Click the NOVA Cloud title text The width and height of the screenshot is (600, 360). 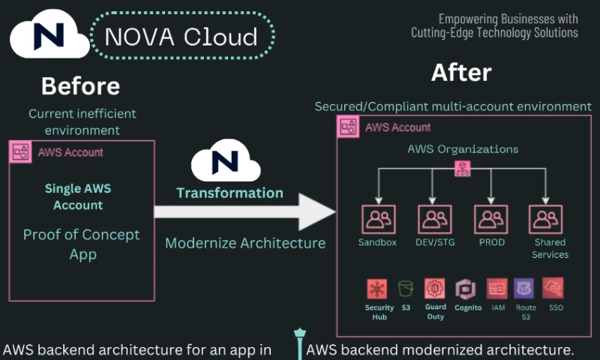[x=181, y=36]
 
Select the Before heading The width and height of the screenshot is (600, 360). [x=80, y=86]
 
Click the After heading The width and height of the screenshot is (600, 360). [x=461, y=73]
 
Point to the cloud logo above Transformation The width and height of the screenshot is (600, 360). [x=226, y=161]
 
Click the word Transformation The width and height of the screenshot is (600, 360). [x=229, y=193]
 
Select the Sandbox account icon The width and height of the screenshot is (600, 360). [x=378, y=219]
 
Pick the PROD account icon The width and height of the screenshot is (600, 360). [x=491, y=219]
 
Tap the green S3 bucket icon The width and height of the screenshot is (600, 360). [x=406, y=289]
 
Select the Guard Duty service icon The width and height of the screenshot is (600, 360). [x=435, y=289]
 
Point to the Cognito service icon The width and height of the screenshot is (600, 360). [x=465, y=289]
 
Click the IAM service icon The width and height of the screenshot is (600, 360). [x=496, y=289]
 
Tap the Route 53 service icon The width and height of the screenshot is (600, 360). [x=526, y=289]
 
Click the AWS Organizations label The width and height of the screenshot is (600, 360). [x=463, y=148]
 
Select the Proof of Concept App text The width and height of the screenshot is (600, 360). [x=81, y=244]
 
